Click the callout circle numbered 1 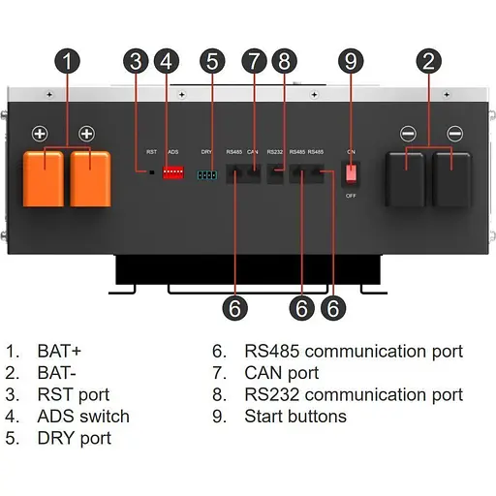click(x=66, y=62)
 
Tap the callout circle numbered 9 click(x=351, y=62)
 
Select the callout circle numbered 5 click(x=210, y=62)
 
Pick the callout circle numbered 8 click(x=282, y=62)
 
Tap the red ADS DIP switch click(x=173, y=171)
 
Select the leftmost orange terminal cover click(x=43, y=177)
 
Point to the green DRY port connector click(x=206, y=174)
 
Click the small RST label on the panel click(x=151, y=152)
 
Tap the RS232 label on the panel click(x=274, y=152)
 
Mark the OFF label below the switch click(x=353, y=195)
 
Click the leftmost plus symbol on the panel click(x=42, y=133)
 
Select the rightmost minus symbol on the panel click(x=454, y=133)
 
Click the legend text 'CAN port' click(x=281, y=373)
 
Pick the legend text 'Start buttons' click(x=294, y=417)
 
